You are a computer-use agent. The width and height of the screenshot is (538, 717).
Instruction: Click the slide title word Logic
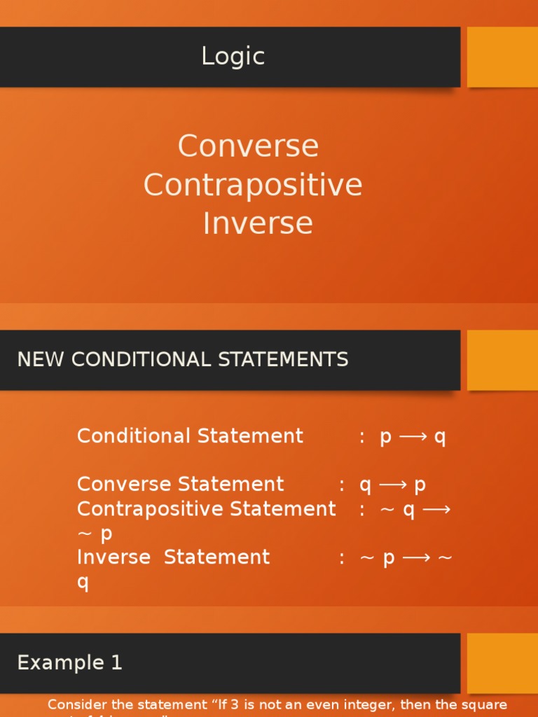(x=233, y=57)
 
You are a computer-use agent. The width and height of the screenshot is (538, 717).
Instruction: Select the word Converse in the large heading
(x=248, y=146)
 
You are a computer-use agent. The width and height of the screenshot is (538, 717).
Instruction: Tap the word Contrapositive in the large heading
(x=253, y=185)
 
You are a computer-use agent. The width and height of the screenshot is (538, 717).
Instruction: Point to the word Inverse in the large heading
(x=257, y=223)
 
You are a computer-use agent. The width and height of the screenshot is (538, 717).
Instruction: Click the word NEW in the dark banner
(x=41, y=360)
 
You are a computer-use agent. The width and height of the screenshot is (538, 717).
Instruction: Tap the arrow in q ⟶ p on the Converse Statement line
(x=392, y=485)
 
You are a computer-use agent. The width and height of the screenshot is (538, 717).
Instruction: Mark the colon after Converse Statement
(x=342, y=485)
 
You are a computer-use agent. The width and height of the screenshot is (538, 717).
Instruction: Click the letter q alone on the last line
(x=83, y=583)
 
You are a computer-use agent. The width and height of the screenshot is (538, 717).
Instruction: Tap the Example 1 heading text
(x=69, y=662)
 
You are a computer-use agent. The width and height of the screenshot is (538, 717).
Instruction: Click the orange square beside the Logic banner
(x=502, y=57)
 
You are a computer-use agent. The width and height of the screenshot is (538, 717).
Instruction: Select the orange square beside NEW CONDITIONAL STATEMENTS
(x=502, y=360)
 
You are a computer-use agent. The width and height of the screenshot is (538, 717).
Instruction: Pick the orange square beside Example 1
(x=502, y=662)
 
